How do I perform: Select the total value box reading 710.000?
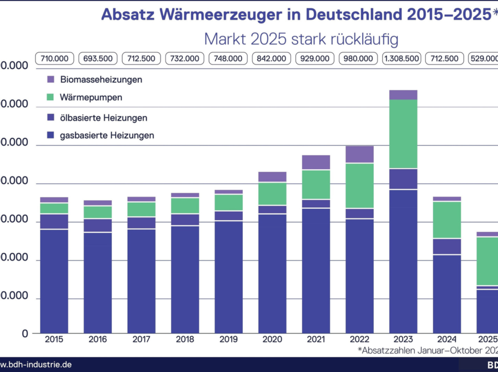click(54, 58)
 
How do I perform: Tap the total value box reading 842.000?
click(272, 58)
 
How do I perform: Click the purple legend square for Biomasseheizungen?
click(51, 80)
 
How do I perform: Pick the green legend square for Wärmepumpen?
click(51, 97)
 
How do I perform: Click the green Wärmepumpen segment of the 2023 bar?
click(403, 134)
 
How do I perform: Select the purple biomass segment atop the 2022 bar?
click(359, 154)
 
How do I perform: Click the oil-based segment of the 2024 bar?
click(447, 247)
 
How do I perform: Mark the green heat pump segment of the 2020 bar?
click(272, 194)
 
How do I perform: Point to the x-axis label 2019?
click(228, 340)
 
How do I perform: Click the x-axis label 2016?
click(98, 340)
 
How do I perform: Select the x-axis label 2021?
click(316, 340)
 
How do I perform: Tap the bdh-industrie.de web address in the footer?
click(36, 365)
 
